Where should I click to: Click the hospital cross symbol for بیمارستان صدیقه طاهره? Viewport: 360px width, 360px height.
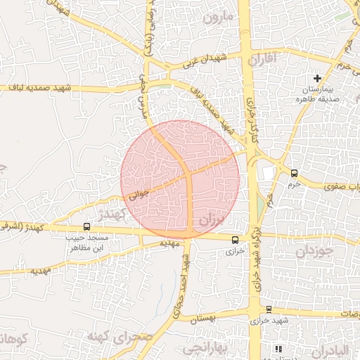318,78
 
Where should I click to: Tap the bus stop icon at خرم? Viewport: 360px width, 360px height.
294,173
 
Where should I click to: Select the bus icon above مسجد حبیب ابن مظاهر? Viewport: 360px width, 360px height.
86,226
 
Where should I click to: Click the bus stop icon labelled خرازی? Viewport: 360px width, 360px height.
236,240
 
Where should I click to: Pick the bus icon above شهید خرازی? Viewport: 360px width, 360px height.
269,309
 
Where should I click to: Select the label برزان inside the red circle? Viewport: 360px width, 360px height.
211,219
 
